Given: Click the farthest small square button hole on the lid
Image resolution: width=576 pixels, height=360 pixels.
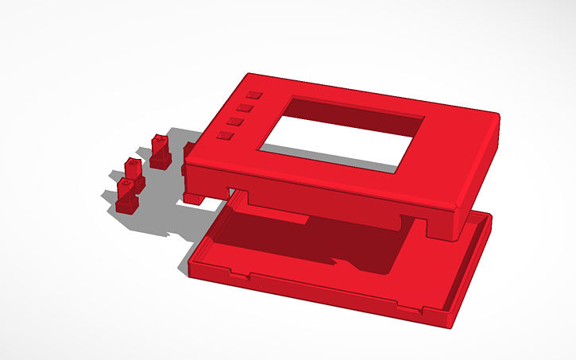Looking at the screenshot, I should coord(253,95).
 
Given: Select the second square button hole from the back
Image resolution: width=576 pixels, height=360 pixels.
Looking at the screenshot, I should coord(245,107).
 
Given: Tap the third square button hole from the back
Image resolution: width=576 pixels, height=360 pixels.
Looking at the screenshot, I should coord(236,121).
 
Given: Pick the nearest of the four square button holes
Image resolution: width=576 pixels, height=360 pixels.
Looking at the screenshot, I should coord(226,136).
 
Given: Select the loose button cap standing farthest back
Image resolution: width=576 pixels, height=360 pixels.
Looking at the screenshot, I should coord(160,150).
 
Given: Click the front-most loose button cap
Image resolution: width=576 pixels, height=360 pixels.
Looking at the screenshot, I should coord(126,195).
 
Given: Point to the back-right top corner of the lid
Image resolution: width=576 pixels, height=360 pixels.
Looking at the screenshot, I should coord(497,116).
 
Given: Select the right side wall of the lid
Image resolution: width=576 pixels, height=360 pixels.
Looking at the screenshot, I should coord(481,167).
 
